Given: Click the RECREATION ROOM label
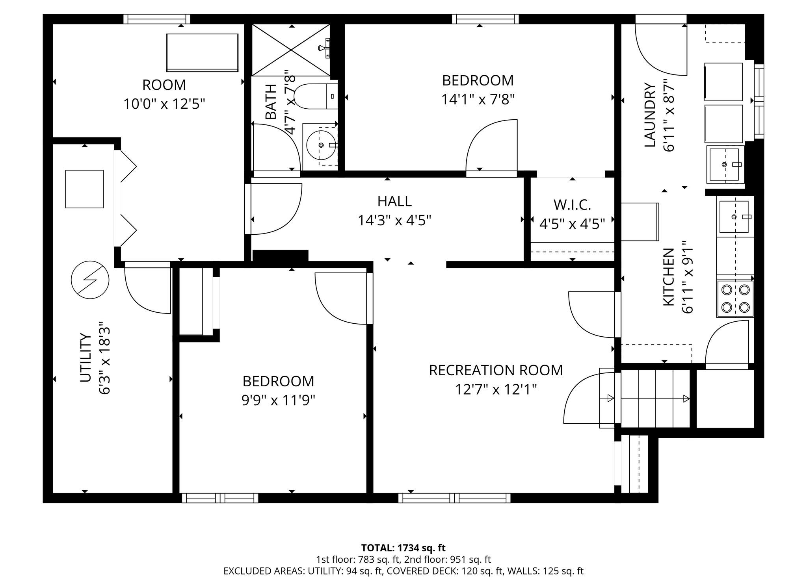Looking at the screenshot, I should coord(496,371).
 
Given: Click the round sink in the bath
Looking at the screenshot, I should coord(321,145).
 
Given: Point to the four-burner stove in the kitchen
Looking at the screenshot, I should coord(735,298).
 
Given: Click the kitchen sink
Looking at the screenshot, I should coord(734,217).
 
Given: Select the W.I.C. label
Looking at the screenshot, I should coord(572,205).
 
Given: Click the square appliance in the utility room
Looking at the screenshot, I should coord(84,189).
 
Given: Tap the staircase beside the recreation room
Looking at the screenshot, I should coord(654,399).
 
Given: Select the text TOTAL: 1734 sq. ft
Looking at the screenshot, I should coord(403,548).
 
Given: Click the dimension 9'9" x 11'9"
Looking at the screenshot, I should coord(278,401).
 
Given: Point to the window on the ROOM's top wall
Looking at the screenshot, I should coord(157,19).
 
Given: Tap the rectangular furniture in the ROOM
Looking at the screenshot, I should coord(202,53).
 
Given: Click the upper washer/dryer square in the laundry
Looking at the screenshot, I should coord(723,82).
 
